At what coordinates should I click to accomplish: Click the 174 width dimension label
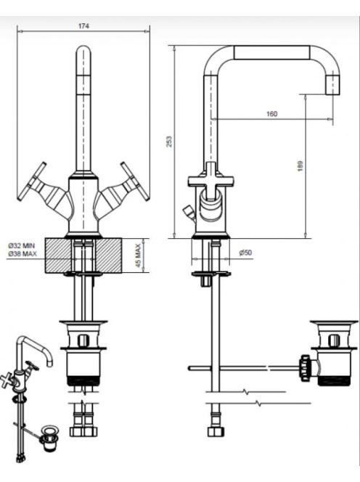coord(83,26)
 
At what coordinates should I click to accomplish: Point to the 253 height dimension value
coord(169,142)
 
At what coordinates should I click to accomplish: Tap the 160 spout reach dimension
coord(271,114)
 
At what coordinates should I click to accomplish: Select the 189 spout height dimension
coord(300,166)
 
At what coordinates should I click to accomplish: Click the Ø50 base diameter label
coord(245,253)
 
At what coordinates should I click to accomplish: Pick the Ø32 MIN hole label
coord(22,245)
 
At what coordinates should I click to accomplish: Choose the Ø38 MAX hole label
coord(22,253)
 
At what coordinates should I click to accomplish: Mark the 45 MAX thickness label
coord(138,256)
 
